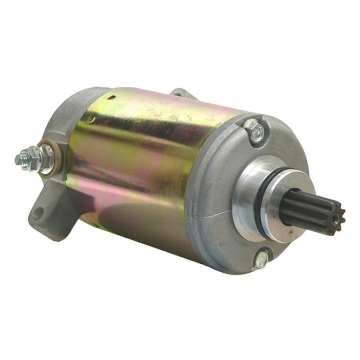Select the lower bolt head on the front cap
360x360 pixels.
point(261,259)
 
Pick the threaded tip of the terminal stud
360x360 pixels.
point(19,159)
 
